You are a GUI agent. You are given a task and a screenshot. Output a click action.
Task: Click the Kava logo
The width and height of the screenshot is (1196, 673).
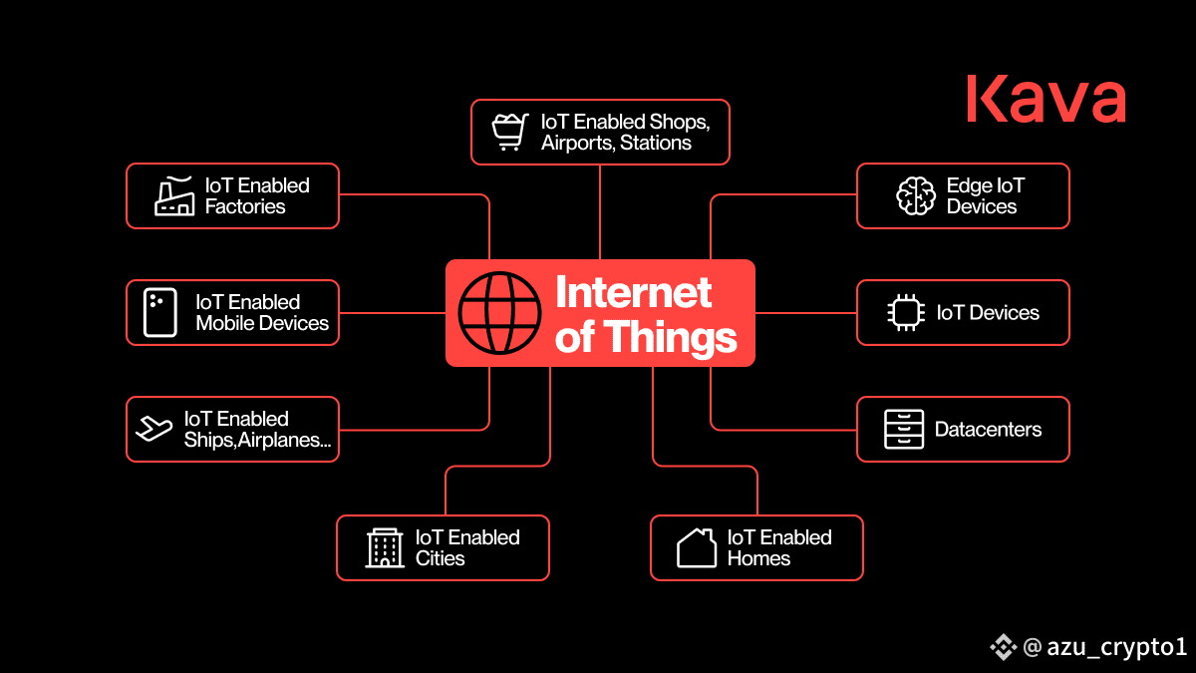pos(1046,99)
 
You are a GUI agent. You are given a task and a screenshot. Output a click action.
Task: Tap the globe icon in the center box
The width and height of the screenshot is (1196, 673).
pos(499,313)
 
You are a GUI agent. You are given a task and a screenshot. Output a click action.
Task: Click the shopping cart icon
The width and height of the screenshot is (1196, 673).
pos(510,132)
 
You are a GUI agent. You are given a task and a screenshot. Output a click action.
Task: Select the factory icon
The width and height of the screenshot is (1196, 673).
pos(174,196)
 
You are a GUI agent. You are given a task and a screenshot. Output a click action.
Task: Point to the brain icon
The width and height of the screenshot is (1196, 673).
pos(916,196)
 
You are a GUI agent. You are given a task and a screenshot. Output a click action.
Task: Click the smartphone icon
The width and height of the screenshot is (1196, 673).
pos(160,312)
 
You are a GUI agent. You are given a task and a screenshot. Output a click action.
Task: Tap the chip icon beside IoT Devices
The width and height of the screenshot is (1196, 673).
pos(906,312)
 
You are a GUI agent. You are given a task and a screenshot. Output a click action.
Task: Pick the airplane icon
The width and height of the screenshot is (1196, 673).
pos(153,429)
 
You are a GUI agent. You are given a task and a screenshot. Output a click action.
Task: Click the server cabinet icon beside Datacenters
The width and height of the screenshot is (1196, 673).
pos(904,430)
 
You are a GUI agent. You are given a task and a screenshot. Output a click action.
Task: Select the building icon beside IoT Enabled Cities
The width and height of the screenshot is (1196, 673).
pos(385,547)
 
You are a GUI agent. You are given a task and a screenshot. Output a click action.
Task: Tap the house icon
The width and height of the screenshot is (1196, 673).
pos(697,547)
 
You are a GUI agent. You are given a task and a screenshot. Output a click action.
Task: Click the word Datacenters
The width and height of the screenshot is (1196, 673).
pos(988,430)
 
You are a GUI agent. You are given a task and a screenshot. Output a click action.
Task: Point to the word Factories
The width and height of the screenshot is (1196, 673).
pos(245,206)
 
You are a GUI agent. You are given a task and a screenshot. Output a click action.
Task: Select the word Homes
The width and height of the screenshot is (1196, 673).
pos(758,558)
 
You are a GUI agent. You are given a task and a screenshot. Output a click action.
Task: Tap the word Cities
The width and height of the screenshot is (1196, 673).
pos(440,558)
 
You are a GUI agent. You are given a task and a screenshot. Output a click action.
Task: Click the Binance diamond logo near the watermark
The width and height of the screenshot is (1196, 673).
pos(1004,647)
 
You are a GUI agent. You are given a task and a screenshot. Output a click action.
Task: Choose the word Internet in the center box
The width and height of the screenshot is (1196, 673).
pos(633,292)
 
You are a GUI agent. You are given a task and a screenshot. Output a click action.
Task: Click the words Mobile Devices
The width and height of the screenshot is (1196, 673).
pos(262,323)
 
